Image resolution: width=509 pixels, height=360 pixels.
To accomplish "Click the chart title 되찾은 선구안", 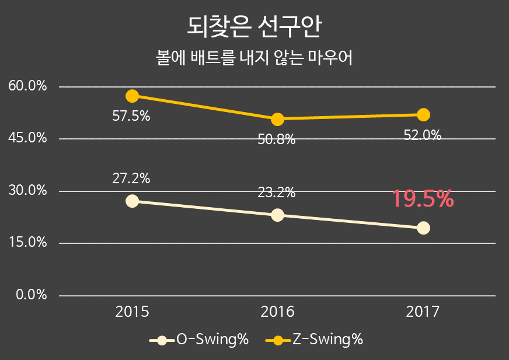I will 254,26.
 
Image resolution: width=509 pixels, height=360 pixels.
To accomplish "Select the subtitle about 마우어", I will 254,59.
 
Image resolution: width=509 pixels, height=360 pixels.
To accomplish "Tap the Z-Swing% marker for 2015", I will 132,96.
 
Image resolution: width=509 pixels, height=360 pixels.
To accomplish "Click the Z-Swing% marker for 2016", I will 278,119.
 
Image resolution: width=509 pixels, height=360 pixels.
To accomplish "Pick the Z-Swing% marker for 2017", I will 423,114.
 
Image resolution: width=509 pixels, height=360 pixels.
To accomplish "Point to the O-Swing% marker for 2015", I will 132,201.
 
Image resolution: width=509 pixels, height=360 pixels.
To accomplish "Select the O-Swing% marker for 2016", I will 278,215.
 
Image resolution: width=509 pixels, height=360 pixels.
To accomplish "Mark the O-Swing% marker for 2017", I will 423,228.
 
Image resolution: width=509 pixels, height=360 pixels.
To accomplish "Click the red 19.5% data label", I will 422,199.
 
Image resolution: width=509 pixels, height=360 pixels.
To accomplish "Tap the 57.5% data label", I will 131,116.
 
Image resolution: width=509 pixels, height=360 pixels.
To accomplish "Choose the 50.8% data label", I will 277,140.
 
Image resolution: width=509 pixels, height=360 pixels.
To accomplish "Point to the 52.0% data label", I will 423,135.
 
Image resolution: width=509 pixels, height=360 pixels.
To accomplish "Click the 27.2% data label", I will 131,179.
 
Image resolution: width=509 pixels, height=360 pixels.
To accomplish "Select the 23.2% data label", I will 277,193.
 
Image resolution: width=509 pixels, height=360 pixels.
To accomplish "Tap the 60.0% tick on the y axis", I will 28,86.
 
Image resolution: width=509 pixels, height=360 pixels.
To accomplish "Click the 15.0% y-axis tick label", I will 28,243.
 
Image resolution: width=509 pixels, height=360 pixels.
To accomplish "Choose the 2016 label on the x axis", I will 277,312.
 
